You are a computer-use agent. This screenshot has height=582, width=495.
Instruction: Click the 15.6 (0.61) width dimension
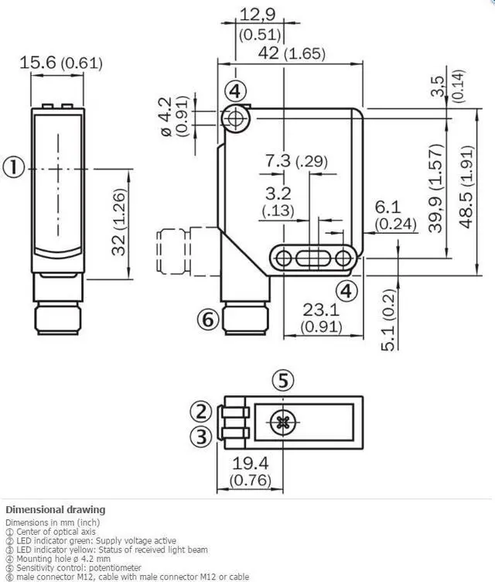click(x=60, y=63)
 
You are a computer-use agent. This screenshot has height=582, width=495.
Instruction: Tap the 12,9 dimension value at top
click(x=258, y=13)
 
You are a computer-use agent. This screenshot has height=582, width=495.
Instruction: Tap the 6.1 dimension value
click(x=388, y=208)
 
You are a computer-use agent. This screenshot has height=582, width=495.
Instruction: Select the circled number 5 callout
click(x=284, y=380)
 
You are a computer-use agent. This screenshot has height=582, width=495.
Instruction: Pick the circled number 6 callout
click(x=205, y=317)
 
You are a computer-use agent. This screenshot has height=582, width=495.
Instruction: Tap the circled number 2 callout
click(x=201, y=410)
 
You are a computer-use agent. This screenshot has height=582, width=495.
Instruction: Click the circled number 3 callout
click(x=201, y=436)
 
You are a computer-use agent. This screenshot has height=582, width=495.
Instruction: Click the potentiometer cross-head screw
click(x=282, y=423)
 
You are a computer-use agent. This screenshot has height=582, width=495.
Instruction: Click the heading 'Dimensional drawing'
click(x=55, y=510)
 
